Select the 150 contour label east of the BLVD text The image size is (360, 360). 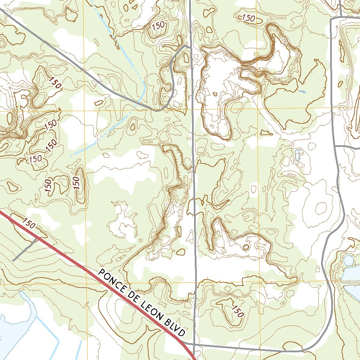click(238, 311)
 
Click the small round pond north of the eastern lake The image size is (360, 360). click(348, 261)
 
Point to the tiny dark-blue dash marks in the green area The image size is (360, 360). click(302, 92)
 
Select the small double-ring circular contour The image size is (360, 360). click(246, 247)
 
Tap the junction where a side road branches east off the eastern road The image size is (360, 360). click(335, 146)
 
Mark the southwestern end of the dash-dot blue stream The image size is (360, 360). click(71, 155)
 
